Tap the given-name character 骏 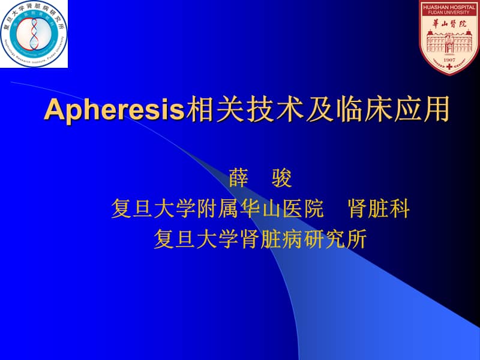(x=281, y=179)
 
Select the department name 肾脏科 (x=379, y=209)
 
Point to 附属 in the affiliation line (x=218, y=209)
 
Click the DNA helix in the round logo (x=34, y=34)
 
